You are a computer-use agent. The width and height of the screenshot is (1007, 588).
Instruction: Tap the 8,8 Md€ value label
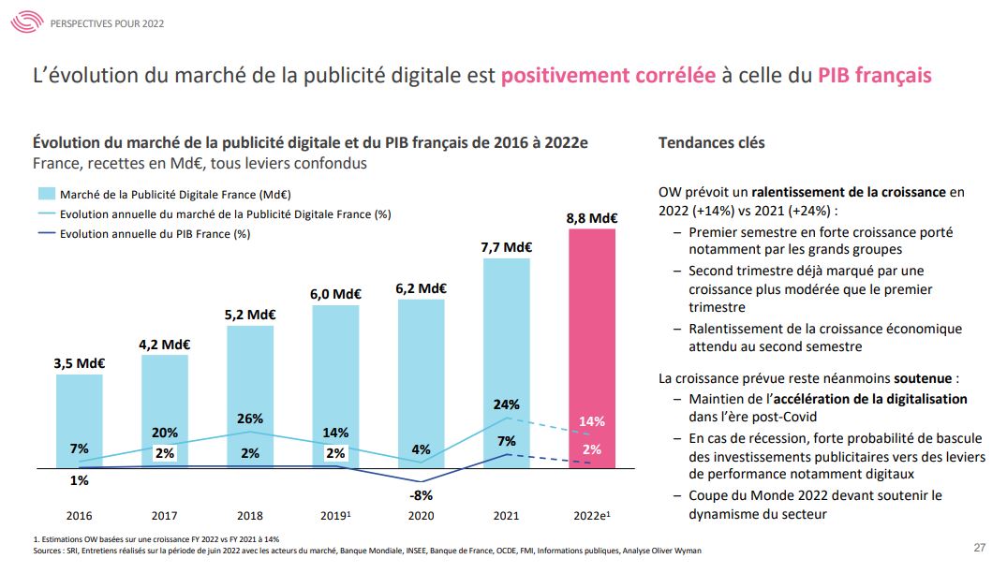(x=592, y=218)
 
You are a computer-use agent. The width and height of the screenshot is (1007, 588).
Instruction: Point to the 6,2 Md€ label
(x=421, y=288)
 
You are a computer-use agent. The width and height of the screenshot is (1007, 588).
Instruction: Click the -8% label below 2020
(x=422, y=494)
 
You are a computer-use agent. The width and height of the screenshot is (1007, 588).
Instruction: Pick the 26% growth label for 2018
(x=250, y=419)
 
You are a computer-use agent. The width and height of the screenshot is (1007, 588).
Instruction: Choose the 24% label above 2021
(x=506, y=405)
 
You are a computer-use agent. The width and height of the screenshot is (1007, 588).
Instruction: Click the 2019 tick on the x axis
(x=336, y=515)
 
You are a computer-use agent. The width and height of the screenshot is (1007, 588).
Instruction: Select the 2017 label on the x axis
(x=165, y=515)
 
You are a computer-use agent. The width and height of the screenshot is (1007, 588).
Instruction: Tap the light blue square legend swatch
(x=45, y=195)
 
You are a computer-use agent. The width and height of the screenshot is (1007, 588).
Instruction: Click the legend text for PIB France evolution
(x=155, y=234)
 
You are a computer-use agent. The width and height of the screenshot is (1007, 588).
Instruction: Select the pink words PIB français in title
(x=874, y=76)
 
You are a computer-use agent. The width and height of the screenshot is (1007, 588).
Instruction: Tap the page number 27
(x=979, y=548)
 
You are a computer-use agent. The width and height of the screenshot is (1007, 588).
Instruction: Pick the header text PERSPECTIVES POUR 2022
(x=107, y=22)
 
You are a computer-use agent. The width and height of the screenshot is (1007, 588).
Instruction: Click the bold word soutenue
(x=923, y=379)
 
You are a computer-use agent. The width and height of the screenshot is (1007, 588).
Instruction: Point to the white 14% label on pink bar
(x=591, y=421)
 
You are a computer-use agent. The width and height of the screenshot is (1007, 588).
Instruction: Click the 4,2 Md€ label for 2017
(x=165, y=345)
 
